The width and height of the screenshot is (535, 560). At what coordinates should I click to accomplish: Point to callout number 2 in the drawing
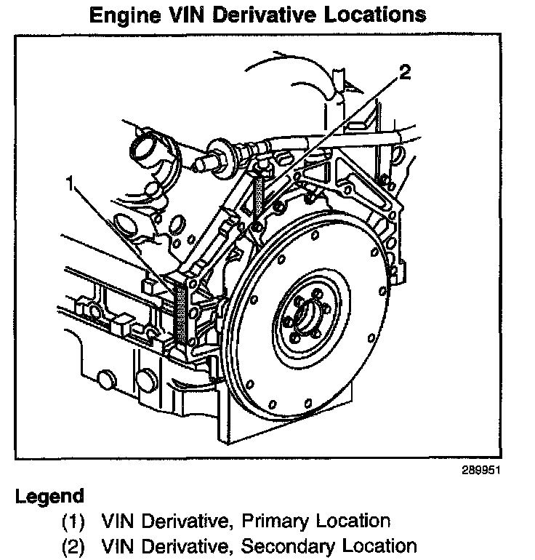404,71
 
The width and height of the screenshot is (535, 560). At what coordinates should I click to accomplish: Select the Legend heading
49,497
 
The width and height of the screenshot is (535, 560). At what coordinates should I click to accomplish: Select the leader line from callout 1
124,240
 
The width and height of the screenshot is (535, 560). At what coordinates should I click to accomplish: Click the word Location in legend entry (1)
352,521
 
